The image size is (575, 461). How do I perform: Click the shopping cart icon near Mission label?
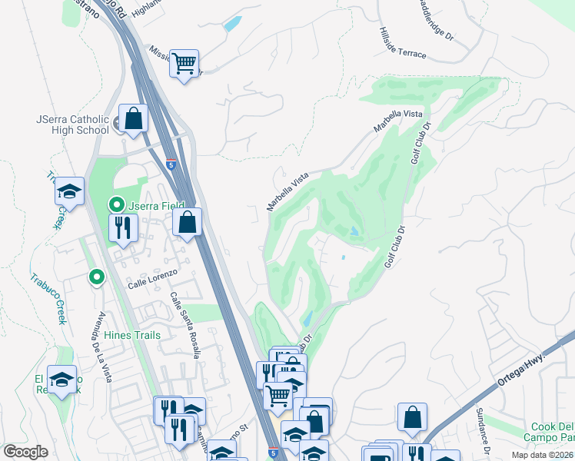184,63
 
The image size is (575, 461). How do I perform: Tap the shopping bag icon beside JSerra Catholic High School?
134,119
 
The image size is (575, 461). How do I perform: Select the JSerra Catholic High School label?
72,124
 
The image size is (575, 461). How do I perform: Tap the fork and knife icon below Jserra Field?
122,227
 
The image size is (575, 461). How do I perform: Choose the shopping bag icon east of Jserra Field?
187,223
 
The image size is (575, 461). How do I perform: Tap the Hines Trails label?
134,335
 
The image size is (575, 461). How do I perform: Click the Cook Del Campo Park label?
552,433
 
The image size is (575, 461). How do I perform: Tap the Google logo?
25,452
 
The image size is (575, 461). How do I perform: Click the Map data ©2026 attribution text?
542,455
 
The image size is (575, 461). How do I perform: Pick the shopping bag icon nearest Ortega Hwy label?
413,418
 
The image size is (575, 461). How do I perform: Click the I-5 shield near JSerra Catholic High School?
171,164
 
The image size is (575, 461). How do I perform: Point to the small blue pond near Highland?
231,23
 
